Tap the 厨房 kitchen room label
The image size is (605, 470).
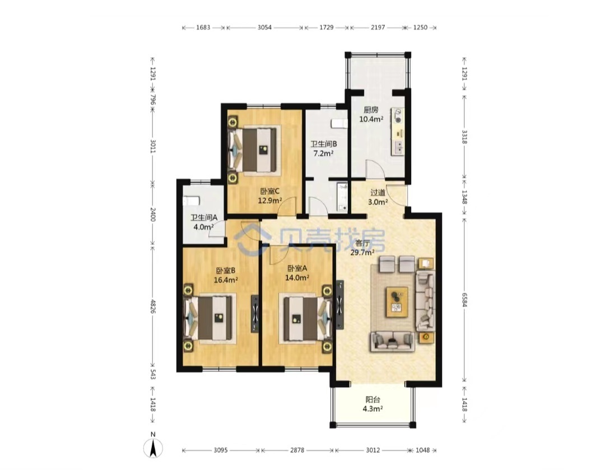[x=371, y=110]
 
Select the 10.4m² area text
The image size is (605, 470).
[x=371, y=119]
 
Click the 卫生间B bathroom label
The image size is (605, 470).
[x=324, y=144]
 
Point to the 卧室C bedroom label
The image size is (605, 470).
[x=269, y=191]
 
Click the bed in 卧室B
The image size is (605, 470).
[x=210, y=317]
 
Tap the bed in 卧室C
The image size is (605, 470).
[x=255, y=150]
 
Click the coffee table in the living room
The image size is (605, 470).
[x=397, y=302]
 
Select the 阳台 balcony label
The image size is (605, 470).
[x=373, y=400]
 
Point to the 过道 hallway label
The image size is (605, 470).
[x=378, y=192]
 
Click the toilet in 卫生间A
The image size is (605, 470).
[x=191, y=201]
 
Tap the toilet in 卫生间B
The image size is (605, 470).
[x=339, y=123]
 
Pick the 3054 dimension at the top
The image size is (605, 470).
[x=264, y=27]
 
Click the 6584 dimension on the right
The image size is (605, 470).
[x=464, y=300]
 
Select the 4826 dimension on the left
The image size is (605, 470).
[x=153, y=307]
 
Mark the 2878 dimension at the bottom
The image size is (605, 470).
[x=297, y=450]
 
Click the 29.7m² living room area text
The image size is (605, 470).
[x=362, y=253]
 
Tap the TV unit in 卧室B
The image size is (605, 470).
[x=255, y=314]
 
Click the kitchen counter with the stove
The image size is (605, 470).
[x=398, y=131]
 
